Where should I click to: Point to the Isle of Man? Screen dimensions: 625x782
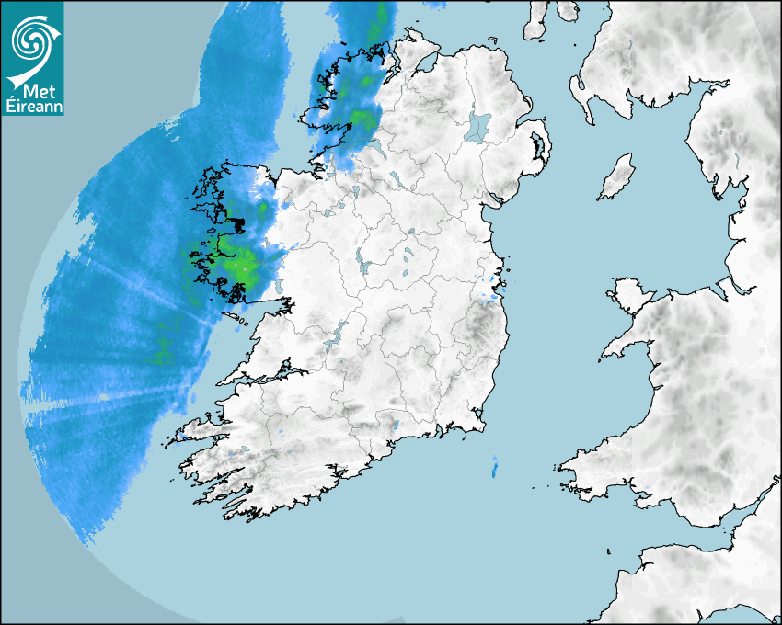tap(617, 177)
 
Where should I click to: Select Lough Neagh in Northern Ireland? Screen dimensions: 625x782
tap(478, 126)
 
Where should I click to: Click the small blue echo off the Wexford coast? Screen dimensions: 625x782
tap(495, 466)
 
